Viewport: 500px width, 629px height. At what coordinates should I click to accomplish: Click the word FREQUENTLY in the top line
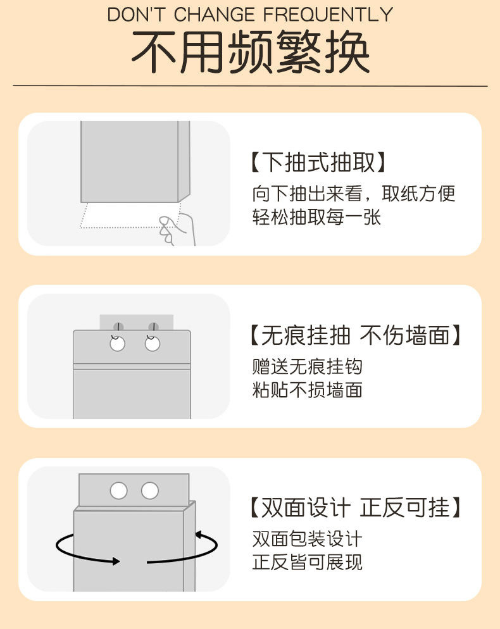point(328,14)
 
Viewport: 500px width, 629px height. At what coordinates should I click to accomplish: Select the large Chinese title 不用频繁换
point(250,53)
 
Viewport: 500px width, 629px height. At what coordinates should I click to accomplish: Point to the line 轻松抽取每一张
point(316,217)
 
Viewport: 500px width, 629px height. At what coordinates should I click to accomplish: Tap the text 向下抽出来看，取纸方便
point(354,193)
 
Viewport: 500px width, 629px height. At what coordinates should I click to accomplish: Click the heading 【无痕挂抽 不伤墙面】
point(355,335)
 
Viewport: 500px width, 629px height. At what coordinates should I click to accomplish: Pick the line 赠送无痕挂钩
point(308,366)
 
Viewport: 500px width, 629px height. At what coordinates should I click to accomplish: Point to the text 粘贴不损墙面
point(308,390)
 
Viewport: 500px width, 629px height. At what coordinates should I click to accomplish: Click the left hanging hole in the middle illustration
point(117,344)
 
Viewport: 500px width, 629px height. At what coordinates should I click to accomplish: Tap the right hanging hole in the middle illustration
point(153,344)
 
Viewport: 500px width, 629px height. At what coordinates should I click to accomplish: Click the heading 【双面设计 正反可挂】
point(355,508)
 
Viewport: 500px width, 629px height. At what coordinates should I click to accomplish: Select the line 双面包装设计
point(308,539)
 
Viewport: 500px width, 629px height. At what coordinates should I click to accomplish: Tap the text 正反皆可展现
point(308,563)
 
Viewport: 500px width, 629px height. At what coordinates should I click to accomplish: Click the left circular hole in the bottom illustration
point(118,490)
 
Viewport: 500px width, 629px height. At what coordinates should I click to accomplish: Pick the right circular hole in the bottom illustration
point(150,490)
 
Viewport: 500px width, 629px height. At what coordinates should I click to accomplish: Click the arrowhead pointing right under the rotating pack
point(116,561)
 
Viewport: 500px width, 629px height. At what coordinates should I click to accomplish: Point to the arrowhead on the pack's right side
point(198,535)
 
